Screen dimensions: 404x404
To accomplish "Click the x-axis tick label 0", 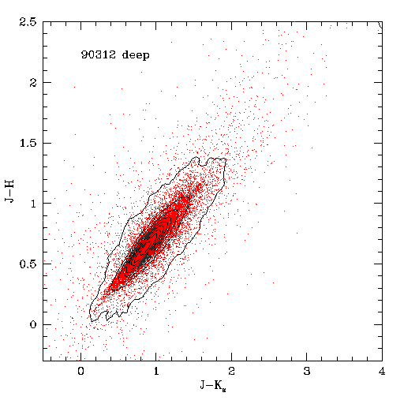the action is click(80, 371).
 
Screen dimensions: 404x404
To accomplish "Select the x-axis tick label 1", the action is click(156, 371).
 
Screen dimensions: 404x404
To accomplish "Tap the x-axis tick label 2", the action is click(231, 371).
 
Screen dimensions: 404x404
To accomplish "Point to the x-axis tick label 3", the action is click(307, 371).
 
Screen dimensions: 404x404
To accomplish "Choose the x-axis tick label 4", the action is click(382, 371).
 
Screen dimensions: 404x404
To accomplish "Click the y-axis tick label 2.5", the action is click(28, 22).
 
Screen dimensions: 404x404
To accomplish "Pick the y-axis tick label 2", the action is click(33, 83).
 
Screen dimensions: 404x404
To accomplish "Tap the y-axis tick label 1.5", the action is click(28, 143).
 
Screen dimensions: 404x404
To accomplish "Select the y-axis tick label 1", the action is click(33, 204).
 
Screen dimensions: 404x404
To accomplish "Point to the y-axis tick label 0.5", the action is click(28, 264).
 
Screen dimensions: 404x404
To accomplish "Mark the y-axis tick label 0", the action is click(33, 324).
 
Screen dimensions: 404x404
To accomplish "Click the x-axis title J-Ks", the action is click(213, 386).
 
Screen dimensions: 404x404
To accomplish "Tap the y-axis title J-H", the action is click(9, 191).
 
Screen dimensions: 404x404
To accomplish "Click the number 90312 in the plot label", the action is click(99, 54).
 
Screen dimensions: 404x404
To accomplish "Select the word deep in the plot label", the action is click(136, 55).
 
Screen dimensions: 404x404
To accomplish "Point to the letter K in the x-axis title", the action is click(218, 385).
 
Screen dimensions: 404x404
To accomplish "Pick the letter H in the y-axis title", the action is click(9, 184).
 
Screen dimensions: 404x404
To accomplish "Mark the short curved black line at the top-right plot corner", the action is click(380, 24).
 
